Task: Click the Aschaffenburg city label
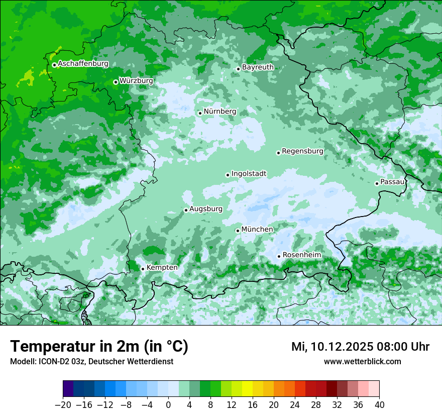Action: coord(83,64)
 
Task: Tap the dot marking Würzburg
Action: coord(116,82)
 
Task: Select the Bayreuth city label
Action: coord(258,67)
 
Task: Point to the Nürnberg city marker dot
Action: coord(200,113)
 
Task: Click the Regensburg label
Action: coord(302,151)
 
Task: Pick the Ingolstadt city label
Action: coord(249,174)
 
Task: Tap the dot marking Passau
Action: coord(377,183)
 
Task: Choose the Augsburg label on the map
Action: coord(205,209)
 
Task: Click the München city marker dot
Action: coord(238,231)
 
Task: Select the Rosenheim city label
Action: coord(301,255)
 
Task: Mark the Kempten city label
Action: coord(162,268)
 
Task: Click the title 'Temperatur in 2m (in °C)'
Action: coord(99,347)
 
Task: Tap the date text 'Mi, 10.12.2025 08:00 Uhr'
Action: coord(360,347)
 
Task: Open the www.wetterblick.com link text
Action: coord(362,362)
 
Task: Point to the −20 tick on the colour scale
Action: coord(63,405)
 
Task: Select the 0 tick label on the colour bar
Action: coord(168,405)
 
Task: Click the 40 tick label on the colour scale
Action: coord(379,405)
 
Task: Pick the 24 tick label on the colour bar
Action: coord(295,405)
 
